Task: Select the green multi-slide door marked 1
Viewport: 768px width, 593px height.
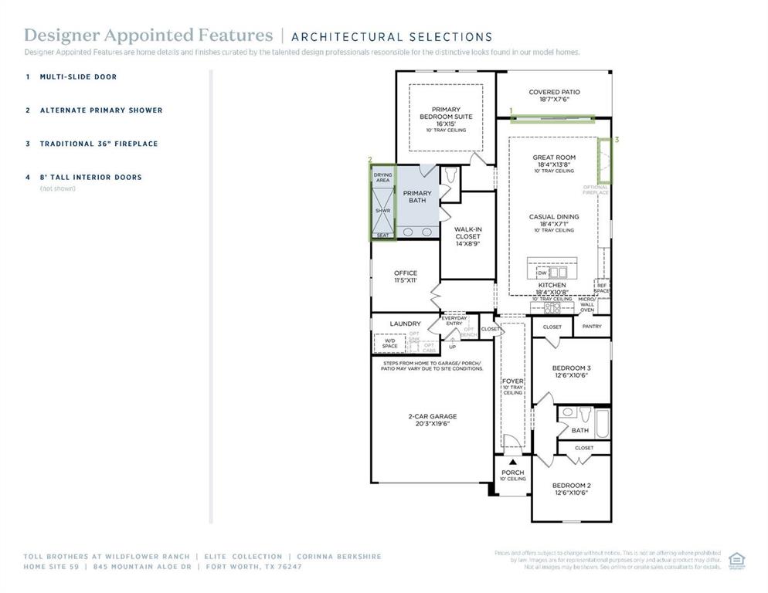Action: click(552, 119)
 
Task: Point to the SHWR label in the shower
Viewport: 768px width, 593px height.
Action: click(382, 210)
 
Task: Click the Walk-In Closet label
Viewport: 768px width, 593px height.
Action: click(468, 236)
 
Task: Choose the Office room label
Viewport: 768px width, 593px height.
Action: click(405, 276)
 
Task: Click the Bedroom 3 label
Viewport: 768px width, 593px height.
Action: click(571, 371)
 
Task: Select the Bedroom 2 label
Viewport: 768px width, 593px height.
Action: click(571, 489)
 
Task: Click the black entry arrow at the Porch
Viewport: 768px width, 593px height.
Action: click(511, 462)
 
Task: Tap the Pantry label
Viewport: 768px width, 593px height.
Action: click(591, 327)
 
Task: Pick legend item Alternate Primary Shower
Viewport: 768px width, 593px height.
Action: click(100, 110)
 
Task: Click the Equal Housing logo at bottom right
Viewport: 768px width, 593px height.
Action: click(736, 559)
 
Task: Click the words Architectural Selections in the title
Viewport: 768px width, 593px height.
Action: click(391, 36)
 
